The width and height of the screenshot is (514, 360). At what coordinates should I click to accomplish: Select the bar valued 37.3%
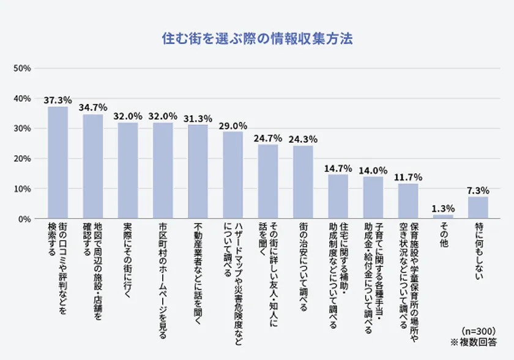(x=58, y=162)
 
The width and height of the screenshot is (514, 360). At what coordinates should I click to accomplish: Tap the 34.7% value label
(x=93, y=108)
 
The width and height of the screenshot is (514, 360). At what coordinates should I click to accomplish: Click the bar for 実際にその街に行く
(x=128, y=170)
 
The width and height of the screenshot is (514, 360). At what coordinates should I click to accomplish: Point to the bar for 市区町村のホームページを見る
(x=163, y=170)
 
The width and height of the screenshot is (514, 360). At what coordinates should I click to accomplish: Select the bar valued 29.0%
(x=233, y=175)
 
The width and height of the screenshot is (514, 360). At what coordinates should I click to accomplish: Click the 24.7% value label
(x=267, y=138)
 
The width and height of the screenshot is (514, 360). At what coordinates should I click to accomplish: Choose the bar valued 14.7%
(x=338, y=197)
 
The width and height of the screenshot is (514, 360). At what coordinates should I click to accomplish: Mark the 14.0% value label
(x=373, y=170)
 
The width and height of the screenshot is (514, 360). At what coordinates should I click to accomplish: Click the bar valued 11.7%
(x=408, y=201)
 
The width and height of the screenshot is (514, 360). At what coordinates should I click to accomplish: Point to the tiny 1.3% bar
(x=443, y=217)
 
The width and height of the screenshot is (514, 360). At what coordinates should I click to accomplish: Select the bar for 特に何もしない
(x=478, y=208)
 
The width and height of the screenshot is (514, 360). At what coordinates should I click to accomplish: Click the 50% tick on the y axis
(x=22, y=68)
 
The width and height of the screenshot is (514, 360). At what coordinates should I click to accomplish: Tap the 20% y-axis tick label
(x=22, y=159)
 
